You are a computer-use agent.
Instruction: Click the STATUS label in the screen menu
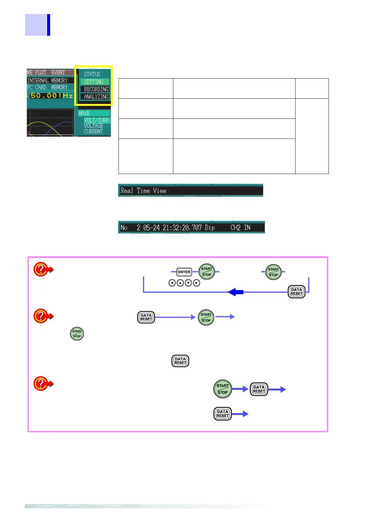(x=92, y=74)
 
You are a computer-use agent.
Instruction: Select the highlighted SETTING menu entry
(x=94, y=82)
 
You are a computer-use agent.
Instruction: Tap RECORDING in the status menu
(x=96, y=89)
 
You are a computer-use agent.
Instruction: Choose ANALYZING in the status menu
(x=96, y=97)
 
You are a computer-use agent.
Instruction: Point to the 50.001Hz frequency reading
(x=52, y=95)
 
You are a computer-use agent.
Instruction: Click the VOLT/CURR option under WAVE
(x=96, y=120)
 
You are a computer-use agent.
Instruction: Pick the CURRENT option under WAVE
(x=93, y=132)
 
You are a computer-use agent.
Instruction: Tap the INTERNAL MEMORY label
(x=47, y=81)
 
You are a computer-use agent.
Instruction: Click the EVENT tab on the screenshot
(x=58, y=73)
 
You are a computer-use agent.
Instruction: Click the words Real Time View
(x=144, y=191)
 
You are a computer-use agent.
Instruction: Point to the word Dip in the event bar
(x=210, y=227)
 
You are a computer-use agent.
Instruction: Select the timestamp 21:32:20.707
(x=182, y=227)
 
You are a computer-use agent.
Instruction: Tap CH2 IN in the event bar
(x=240, y=227)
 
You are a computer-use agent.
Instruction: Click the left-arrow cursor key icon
(x=172, y=283)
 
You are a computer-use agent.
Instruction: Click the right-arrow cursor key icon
(x=197, y=283)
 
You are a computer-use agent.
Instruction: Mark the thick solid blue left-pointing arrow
(x=235, y=292)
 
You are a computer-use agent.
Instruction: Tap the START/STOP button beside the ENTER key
(x=207, y=272)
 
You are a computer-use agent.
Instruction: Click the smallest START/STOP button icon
(x=77, y=334)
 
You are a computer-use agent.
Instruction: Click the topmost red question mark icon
(x=41, y=269)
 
